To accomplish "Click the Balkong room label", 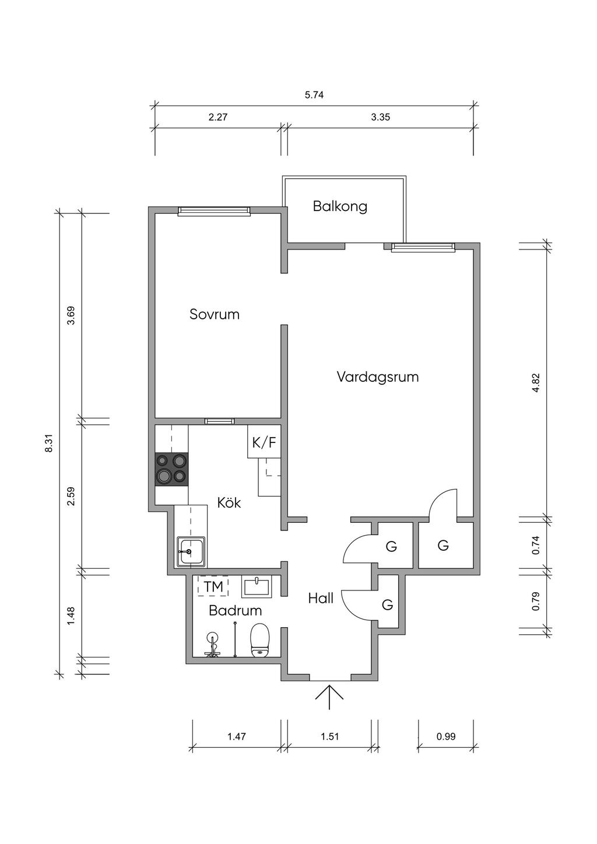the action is coord(340,207).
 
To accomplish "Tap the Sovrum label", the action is coord(215,314).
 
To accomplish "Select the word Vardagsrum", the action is coord(378,377).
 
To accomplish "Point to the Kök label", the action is coord(229,502).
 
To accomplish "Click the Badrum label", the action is coord(235,610).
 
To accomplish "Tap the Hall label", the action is coord(321,598).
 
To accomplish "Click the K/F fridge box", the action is coord(264,442).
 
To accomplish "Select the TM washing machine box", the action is coord(213,586).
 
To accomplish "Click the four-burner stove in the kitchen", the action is coord(172,469).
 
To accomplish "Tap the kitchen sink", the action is coord(191,551).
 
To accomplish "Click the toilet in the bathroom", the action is coord(260,640).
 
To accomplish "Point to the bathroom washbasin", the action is coord(257,587).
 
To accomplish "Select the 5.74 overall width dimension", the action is coord(314,95).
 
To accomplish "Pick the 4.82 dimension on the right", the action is coord(536,383).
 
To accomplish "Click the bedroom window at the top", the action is coord(214,212).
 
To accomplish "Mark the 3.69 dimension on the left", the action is coord(71,316).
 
